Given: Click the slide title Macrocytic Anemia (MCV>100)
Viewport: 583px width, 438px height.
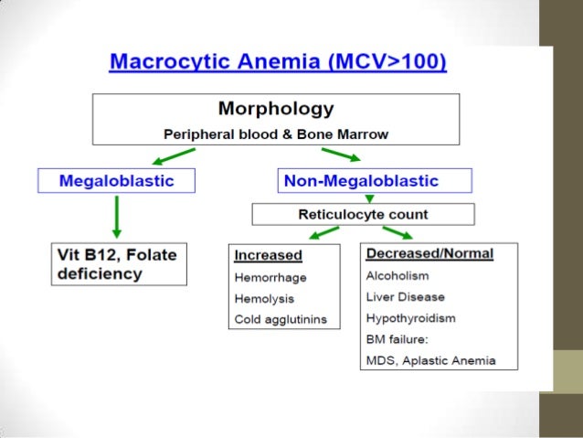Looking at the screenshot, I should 278,63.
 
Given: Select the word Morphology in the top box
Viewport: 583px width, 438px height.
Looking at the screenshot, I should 275,110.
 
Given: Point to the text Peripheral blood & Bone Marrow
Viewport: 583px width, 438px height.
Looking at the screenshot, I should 275,134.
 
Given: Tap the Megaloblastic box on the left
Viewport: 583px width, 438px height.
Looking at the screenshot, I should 116,180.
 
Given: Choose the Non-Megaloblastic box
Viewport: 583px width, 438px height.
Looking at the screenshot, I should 373,180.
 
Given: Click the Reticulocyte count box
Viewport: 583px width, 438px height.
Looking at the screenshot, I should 364,215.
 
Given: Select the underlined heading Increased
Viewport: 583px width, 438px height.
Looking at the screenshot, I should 267,255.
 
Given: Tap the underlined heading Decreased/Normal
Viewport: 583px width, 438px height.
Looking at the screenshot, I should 429,253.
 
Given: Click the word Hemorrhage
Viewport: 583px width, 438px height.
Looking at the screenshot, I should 270,277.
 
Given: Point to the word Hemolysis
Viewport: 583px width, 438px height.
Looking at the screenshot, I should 266,298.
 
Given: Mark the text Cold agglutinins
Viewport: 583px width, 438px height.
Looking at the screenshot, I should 281,319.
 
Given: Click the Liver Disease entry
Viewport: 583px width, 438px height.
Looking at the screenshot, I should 405,296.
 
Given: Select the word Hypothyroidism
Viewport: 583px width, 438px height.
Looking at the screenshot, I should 411,318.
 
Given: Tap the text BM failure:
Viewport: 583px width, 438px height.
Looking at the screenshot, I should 397,339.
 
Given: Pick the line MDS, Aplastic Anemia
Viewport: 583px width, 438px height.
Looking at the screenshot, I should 430,360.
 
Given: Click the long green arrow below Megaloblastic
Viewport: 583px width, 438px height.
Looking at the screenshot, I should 116,217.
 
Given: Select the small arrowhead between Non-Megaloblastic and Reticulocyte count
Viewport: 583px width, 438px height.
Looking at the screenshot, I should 369,198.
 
